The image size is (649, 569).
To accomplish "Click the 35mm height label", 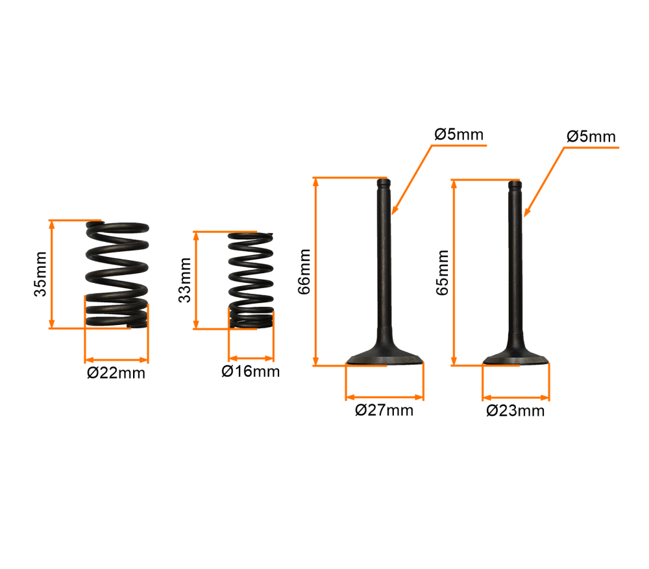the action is [x=40, y=274].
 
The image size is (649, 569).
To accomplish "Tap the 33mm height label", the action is [x=184, y=280].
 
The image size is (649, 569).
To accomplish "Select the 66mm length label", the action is [x=304, y=272].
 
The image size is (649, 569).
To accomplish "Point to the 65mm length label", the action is [x=443, y=272].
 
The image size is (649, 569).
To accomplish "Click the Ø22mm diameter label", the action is [x=116, y=373].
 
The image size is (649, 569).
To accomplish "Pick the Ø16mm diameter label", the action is [x=251, y=371].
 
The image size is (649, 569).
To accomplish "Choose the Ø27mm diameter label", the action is [x=384, y=410].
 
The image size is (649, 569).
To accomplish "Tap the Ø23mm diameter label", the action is [x=516, y=411].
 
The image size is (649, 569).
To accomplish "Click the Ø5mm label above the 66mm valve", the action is [x=459, y=134].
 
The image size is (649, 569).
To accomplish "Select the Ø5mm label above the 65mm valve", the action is [x=591, y=136].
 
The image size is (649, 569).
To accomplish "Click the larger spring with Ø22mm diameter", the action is [x=117, y=275].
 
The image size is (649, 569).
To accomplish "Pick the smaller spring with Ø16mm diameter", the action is [x=251, y=280].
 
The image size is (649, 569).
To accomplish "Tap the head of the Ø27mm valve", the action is [x=384, y=357].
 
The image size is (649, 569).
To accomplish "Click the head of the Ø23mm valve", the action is [x=516, y=358].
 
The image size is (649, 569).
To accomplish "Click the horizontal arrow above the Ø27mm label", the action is [x=384, y=397].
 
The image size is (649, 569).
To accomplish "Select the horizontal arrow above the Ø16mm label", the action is [x=251, y=358].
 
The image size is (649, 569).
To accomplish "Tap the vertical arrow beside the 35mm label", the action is [x=52, y=274].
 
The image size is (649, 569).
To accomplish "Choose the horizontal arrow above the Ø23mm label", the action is [x=516, y=398].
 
